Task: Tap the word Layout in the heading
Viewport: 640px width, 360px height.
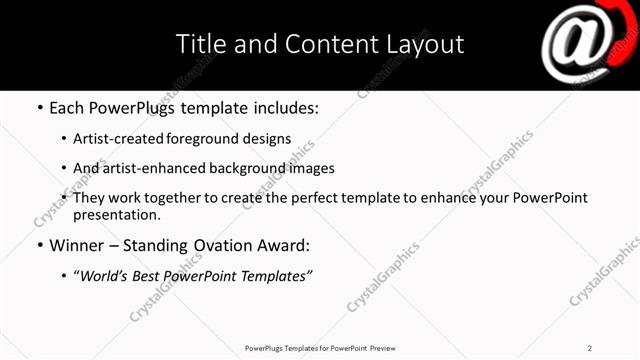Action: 425,45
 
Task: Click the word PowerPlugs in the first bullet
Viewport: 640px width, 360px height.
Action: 128,108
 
